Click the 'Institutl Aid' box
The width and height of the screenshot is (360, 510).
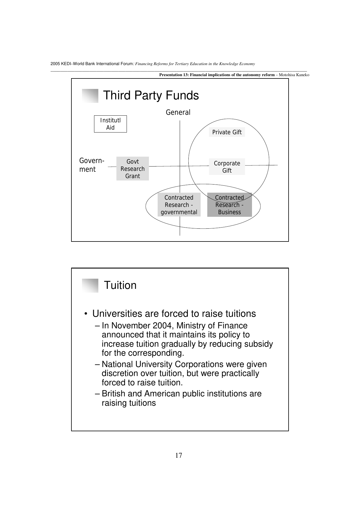110,124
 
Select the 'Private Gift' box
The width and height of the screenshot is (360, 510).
227,132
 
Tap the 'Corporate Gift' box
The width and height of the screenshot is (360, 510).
227,167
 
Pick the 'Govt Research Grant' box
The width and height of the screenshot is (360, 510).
133,169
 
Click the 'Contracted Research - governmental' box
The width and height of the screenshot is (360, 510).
179,205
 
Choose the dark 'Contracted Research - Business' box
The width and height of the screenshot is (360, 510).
229,205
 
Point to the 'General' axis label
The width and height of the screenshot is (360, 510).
178,112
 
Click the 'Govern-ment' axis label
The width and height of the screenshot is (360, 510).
92,165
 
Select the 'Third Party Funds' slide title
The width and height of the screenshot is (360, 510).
151,95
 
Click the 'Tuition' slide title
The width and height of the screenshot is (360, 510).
120,285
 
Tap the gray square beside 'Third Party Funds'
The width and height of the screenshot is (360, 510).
90,96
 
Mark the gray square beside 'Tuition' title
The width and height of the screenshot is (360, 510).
90,285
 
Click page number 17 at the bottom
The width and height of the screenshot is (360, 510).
179,455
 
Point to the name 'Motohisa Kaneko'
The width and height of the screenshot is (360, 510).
294,75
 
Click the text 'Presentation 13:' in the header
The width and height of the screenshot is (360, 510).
174,75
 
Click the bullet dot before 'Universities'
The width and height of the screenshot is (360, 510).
86,314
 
